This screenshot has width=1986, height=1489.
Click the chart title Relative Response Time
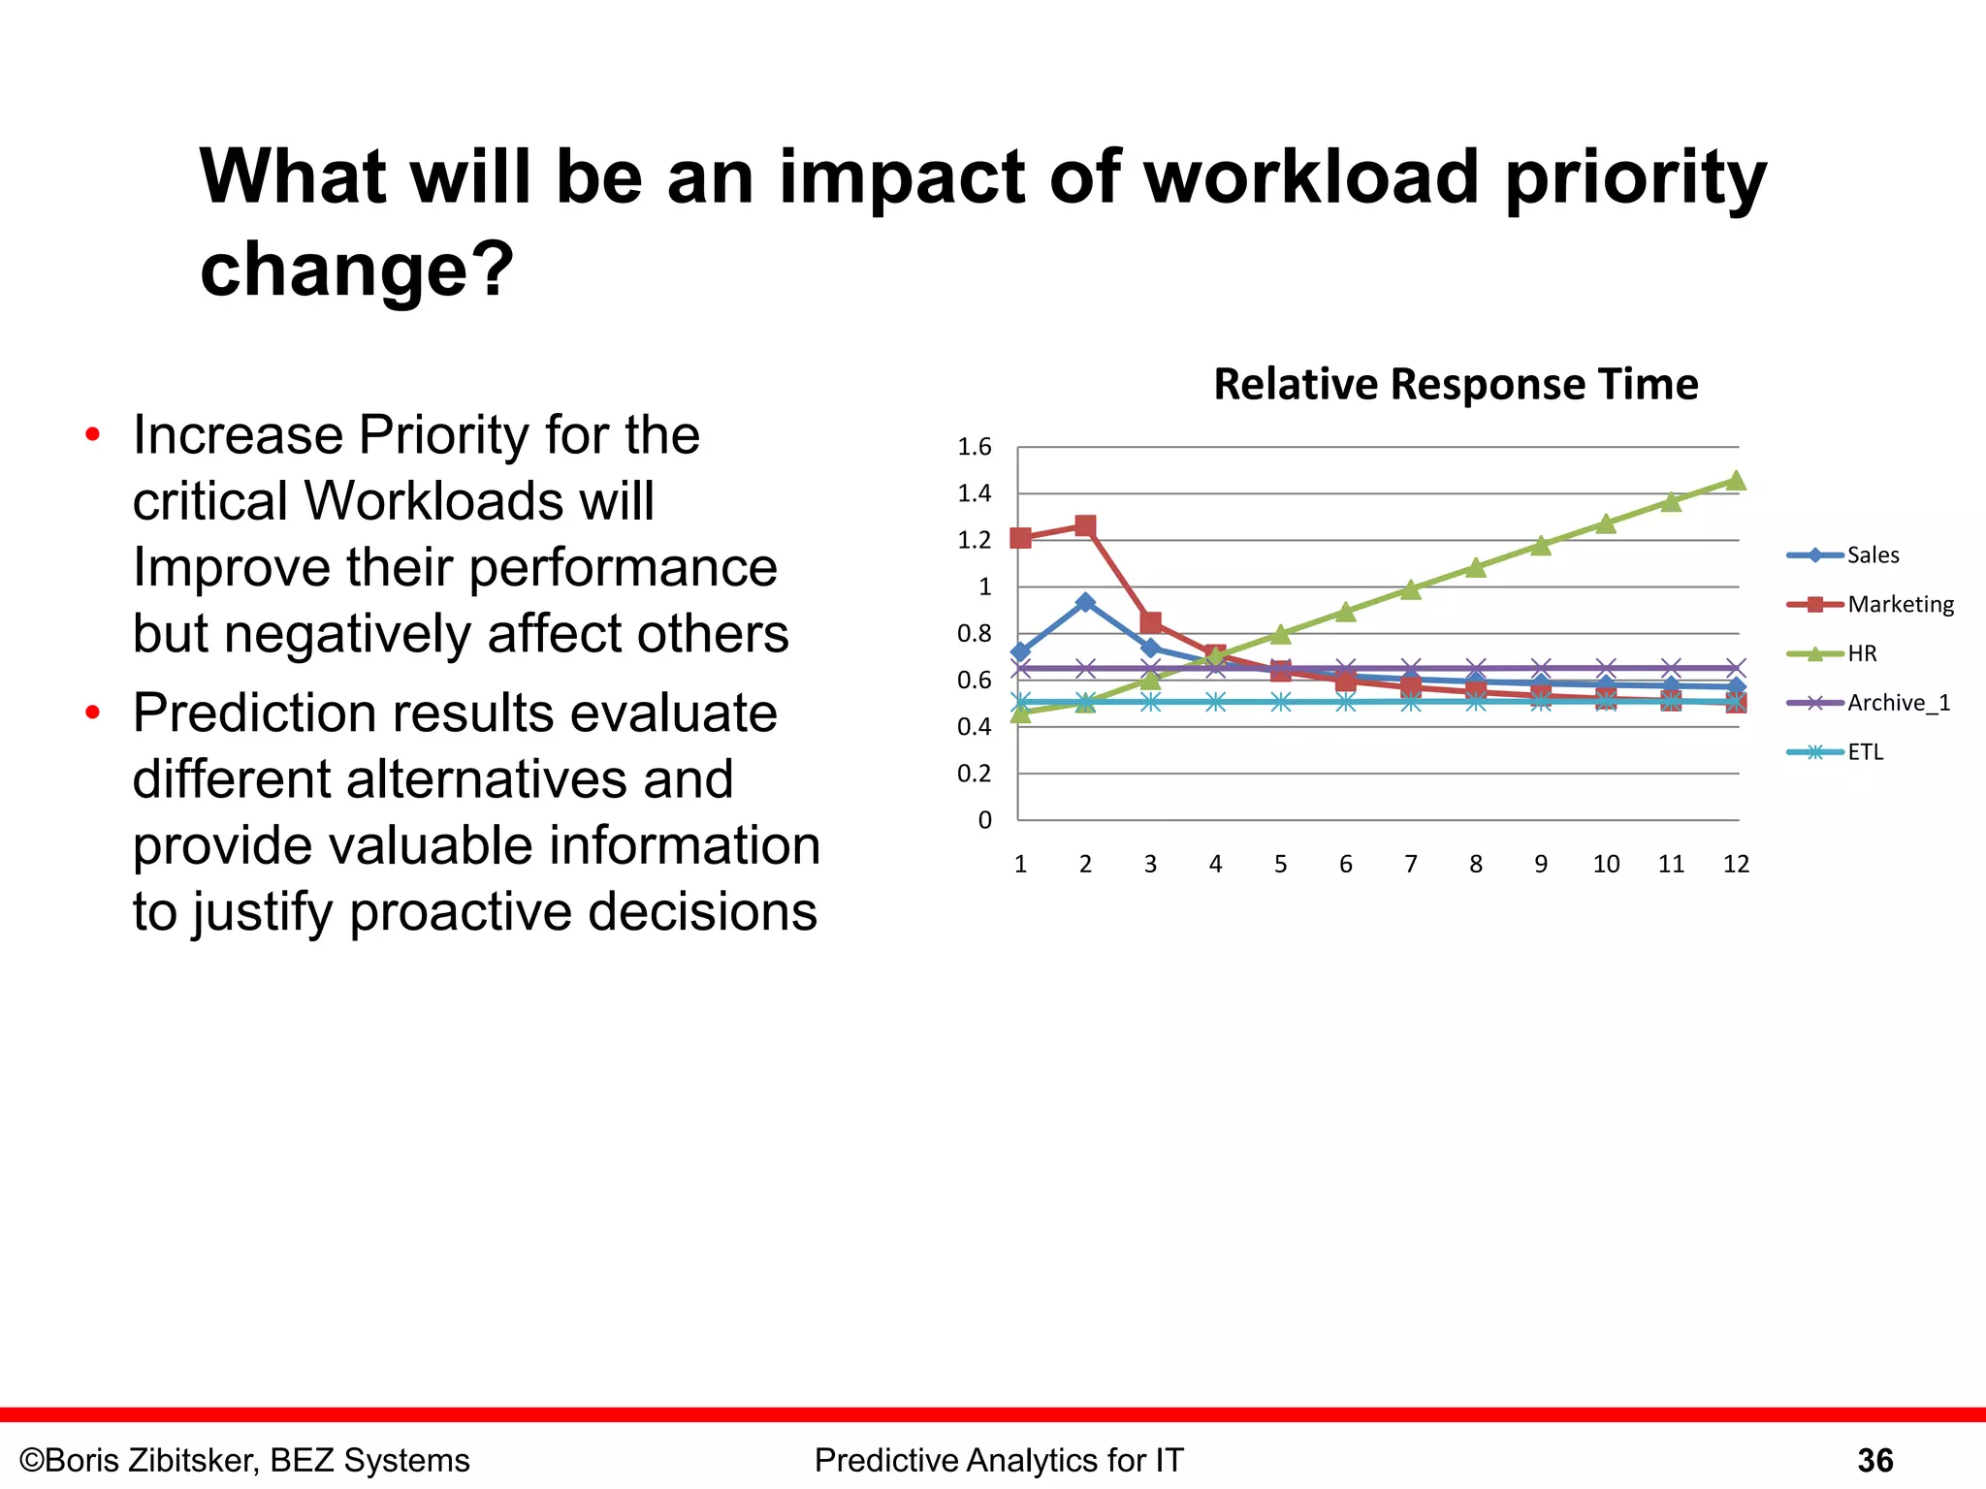(x=1456, y=385)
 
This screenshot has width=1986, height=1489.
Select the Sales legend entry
(x=1872, y=555)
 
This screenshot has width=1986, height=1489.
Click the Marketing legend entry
(x=1900, y=605)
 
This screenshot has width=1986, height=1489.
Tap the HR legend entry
(x=1861, y=654)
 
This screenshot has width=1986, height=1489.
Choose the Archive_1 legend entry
(x=1898, y=703)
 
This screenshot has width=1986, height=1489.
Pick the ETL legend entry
(x=1865, y=752)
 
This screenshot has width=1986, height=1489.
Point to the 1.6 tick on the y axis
(x=975, y=447)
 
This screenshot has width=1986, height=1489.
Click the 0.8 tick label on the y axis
(x=975, y=634)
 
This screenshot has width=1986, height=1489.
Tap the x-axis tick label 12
(x=1736, y=864)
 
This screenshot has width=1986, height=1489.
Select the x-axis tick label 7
(x=1411, y=864)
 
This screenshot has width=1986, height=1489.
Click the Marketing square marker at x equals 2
(x=1085, y=526)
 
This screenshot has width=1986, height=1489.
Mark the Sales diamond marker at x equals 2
(x=1085, y=602)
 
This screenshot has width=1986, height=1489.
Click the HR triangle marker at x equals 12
(x=1736, y=481)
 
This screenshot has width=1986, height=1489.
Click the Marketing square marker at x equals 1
(x=1020, y=538)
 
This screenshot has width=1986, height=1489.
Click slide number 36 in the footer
(x=1874, y=1461)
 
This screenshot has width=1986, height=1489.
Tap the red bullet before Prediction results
(x=93, y=713)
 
